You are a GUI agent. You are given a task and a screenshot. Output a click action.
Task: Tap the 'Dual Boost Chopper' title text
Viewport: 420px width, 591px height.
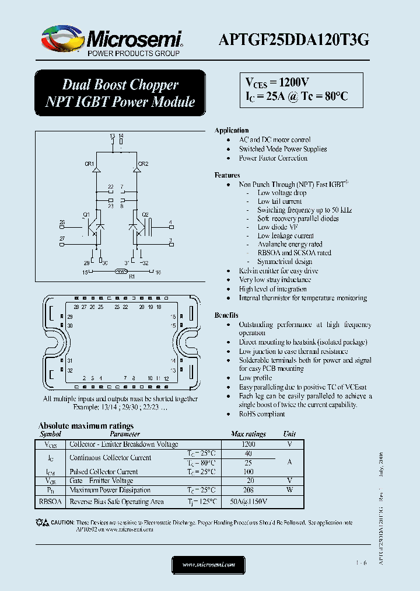pyautogui.click(x=120, y=85)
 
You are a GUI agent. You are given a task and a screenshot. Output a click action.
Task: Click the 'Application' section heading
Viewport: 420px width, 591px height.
pyautogui.click(x=232, y=130)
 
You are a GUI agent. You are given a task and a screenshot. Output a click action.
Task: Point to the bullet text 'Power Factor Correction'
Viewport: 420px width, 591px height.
pyautogui.click(x=273, y=158)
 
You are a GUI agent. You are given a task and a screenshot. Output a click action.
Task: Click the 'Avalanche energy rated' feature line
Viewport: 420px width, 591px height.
pyautogui.click(x=290, y=244)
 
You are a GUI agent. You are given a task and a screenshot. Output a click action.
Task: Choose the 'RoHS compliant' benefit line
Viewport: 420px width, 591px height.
pyautogui.click(x=262, y=414)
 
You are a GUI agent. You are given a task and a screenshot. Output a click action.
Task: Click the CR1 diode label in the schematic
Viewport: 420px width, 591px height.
pyautogui.click(x=89, y=164)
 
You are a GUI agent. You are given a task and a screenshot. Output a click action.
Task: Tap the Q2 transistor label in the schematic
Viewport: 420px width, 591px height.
pyautogui.click(x=145, y=214)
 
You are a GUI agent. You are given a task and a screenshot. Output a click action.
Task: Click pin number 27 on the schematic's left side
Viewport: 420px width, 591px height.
pyautogui.click(x=62, y=238)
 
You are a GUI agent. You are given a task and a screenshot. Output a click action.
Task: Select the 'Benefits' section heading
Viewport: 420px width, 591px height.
pyautogui.click(x=226, y=315)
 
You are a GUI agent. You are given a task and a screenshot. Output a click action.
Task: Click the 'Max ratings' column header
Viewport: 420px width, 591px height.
pyautogui.click(x=249, y=434)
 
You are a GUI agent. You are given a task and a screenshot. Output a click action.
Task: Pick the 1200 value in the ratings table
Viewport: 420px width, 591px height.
pyautogui.click(x=249, y=444)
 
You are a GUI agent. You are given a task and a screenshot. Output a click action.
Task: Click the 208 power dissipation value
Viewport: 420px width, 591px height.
pyautogui.click(x=249, y=491)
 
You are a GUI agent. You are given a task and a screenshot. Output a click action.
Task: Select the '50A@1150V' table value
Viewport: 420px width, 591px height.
pyautogui.click(x=249, y=502)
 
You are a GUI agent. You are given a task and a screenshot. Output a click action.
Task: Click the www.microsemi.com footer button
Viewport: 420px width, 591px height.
pyautogui.click(x=209, y=565)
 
